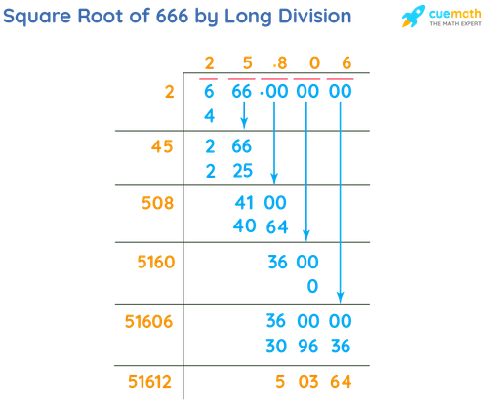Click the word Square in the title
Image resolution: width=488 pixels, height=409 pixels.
pos(36,18)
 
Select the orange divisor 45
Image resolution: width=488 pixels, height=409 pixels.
pos(161,148)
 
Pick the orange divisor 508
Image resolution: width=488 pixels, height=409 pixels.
pos(156,204)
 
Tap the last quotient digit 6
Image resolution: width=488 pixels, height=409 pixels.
pos(345,65)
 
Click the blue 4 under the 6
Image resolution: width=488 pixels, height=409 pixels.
pos(208,114)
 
